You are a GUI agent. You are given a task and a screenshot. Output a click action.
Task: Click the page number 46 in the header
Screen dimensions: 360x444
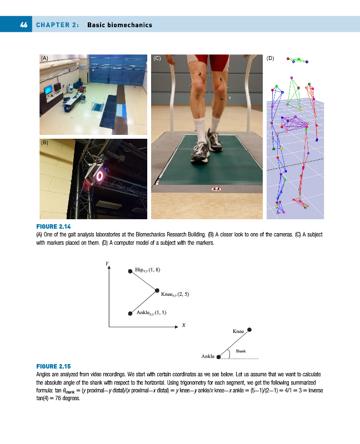[24, 25]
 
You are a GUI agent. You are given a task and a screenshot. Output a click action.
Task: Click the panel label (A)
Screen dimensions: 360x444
[45, 58]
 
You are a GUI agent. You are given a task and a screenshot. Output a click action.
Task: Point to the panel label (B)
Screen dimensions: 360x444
[45, 143]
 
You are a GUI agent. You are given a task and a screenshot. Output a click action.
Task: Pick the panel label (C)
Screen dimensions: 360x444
[157, 58]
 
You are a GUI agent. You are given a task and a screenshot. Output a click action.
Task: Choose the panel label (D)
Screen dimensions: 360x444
[270, 58]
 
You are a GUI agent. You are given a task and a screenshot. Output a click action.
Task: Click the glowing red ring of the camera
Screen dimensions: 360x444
[100, 176]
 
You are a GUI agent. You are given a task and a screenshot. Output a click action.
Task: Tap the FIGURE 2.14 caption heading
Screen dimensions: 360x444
[53, 226]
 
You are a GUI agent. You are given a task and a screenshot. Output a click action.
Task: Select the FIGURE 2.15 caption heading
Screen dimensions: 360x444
[53, 366]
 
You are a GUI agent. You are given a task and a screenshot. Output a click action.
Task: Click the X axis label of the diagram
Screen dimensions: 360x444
[184, 325]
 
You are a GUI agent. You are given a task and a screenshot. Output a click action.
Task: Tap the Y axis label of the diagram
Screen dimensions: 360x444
[107, 263]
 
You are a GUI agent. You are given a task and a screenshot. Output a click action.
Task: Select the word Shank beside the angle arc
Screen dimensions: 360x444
[241, 351]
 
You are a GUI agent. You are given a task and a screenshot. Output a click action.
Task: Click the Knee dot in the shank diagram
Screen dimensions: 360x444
[249, 330]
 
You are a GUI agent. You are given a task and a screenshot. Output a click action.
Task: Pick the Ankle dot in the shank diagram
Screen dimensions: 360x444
[218, 357]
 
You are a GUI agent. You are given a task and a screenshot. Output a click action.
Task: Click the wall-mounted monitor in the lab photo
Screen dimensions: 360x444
[48, 90]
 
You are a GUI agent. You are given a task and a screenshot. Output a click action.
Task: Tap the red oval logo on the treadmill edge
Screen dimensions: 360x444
[217, 189]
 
